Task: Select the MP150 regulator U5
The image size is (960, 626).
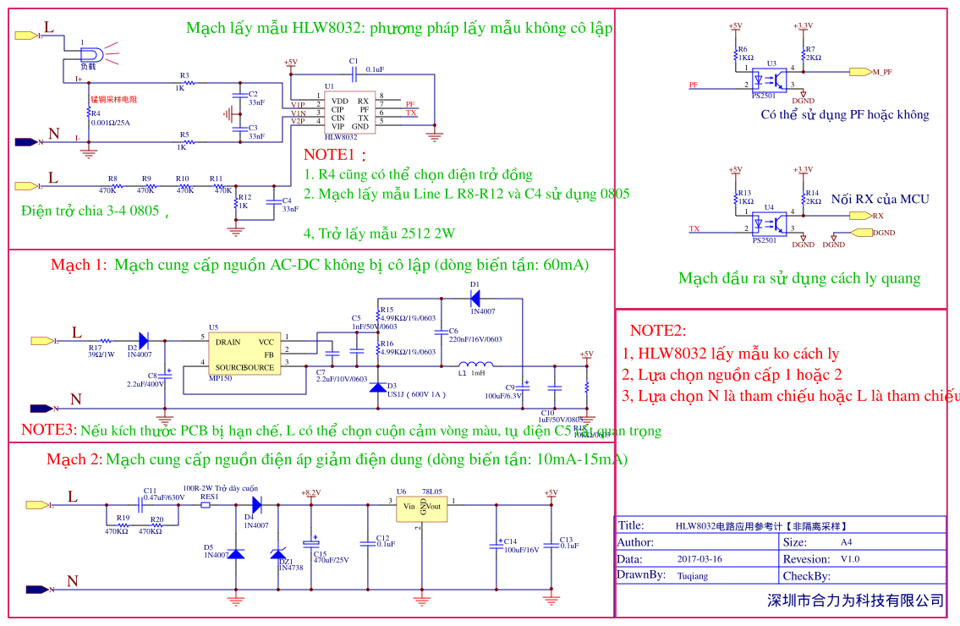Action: [244, 353]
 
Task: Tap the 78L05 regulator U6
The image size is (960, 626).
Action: [421, 507]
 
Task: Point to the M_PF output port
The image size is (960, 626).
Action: [861, 72]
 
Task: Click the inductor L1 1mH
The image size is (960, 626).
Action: [457, 366]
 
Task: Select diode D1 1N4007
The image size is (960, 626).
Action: [475, 298]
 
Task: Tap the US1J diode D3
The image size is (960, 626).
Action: [378, 387]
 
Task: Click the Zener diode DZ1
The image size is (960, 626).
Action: [278, 554]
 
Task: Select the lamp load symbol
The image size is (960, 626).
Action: [91, 55]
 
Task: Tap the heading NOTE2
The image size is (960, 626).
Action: [658, 331]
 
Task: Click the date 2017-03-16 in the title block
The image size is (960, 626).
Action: [699, 559]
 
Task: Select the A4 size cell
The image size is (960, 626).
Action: [846, 542]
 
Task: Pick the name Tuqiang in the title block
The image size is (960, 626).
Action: [693, 575]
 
